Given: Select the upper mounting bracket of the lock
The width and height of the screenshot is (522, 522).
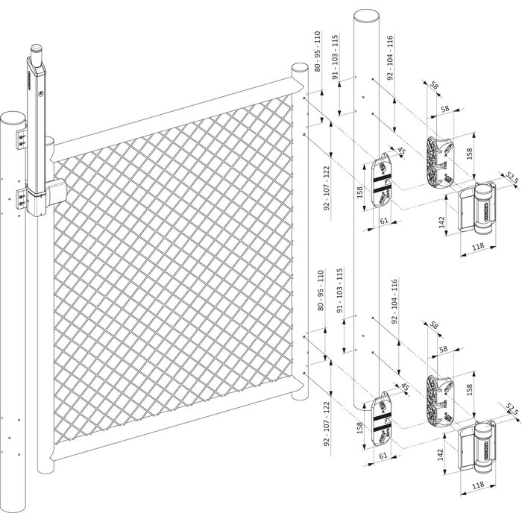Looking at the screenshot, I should click(22, 137).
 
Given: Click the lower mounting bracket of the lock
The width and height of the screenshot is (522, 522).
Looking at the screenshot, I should click(22, 198).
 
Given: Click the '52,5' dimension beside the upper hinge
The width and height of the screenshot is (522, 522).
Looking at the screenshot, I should click(511, 177).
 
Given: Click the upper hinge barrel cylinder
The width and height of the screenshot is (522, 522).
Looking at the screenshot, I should click(482, 211).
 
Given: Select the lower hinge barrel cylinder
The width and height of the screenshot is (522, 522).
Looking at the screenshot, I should click(482, 447).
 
